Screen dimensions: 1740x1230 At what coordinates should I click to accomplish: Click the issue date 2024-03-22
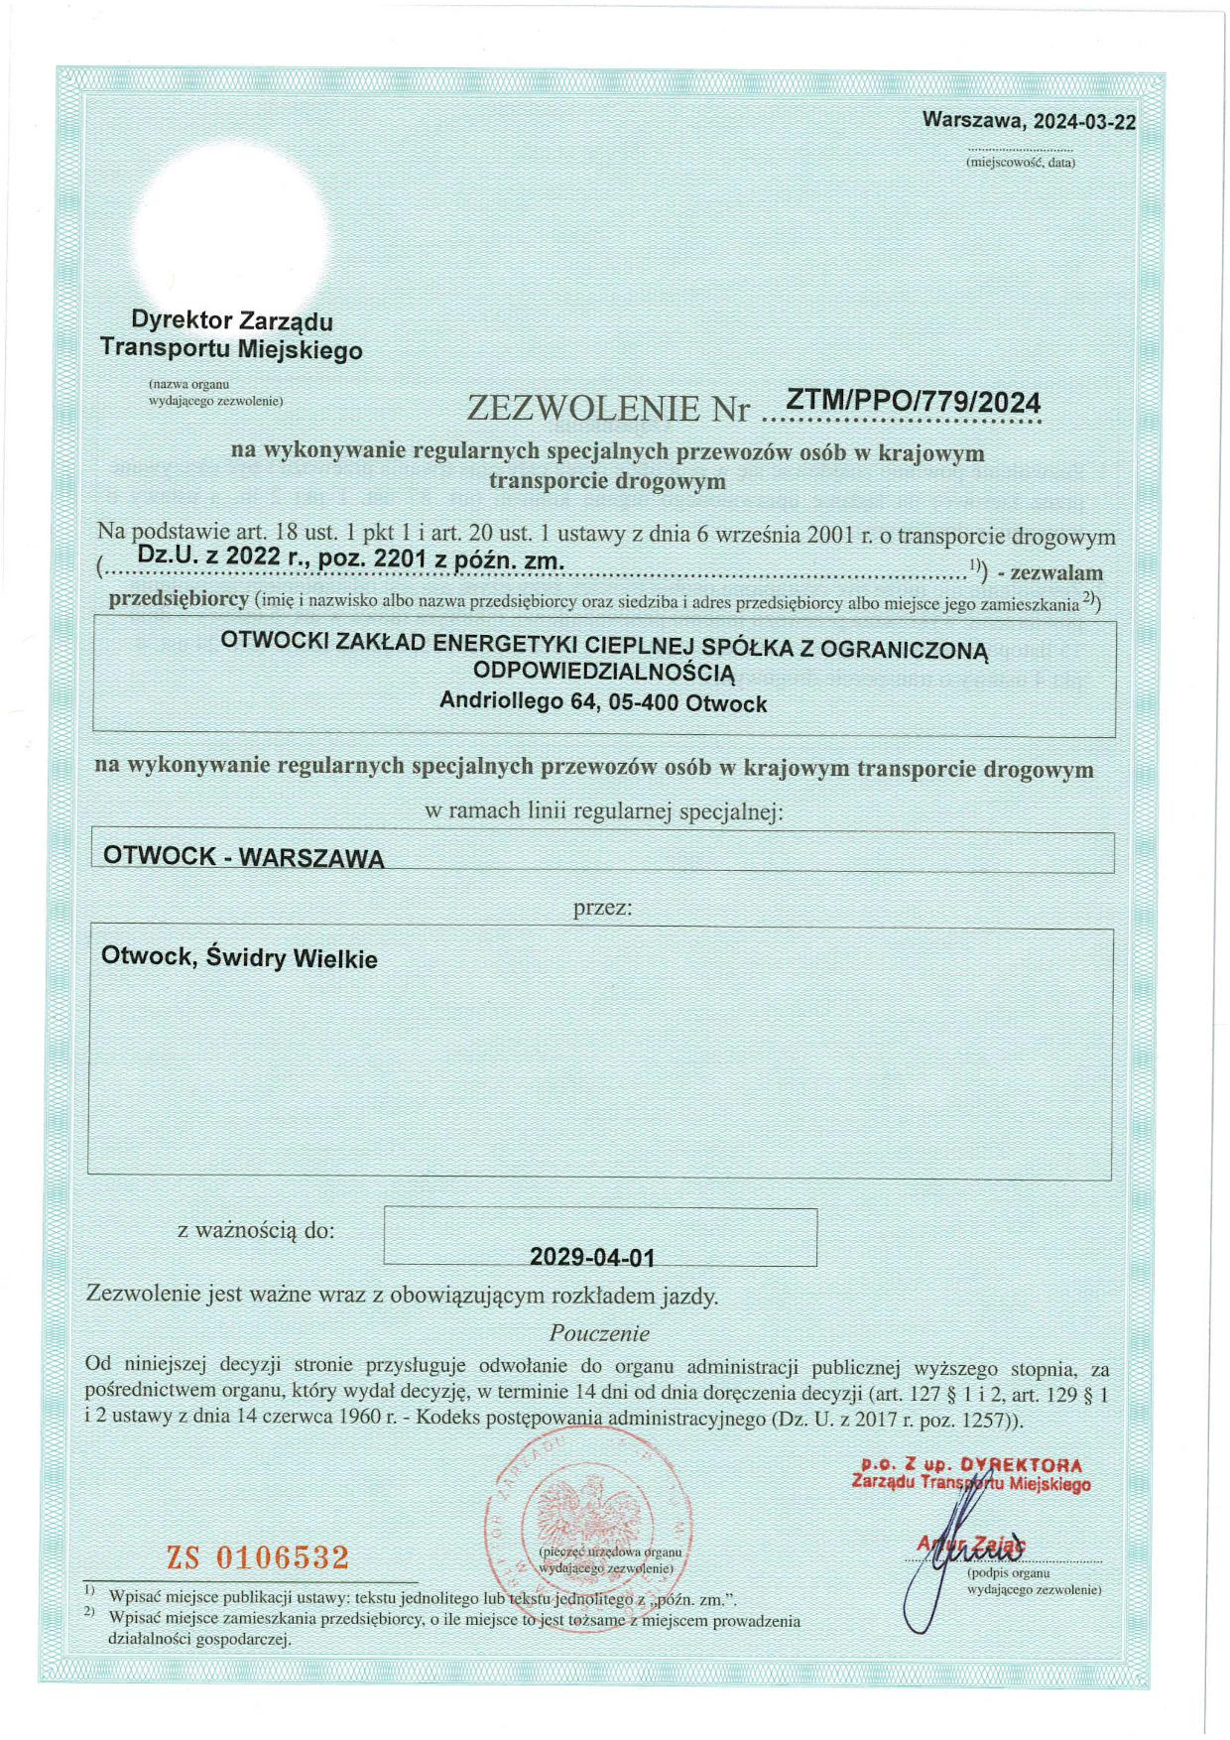[1084, 121]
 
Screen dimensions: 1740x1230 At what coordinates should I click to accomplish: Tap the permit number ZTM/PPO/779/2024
[913, 402]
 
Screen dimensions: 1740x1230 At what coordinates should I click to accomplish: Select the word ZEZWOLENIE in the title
[583, 408]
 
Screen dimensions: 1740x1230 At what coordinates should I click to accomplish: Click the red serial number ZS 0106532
[258, 1556]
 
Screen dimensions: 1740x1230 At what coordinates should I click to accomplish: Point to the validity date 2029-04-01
[592, 1257]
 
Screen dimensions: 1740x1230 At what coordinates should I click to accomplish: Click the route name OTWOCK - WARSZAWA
[244, 857]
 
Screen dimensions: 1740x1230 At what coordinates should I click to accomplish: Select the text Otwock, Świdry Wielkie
[239, 958]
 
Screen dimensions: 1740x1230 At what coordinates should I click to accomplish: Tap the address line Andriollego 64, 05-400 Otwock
[603, 703]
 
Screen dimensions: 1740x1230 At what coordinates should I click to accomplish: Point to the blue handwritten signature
[942, 1557]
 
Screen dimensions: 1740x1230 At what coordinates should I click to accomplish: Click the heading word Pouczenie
[599, 1332]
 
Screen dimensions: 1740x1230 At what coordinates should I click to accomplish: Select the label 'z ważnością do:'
[256, 1230]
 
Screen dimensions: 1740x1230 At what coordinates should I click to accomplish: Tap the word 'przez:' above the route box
[602, 907]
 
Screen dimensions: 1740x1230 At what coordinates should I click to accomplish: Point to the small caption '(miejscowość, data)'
[1021, 162]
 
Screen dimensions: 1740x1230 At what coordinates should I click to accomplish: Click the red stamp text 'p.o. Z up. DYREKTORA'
[971, 1465]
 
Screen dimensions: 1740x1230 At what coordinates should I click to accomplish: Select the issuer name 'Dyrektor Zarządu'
[232, 320]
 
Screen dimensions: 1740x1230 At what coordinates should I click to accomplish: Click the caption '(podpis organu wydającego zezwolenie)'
[1034, 1580]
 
